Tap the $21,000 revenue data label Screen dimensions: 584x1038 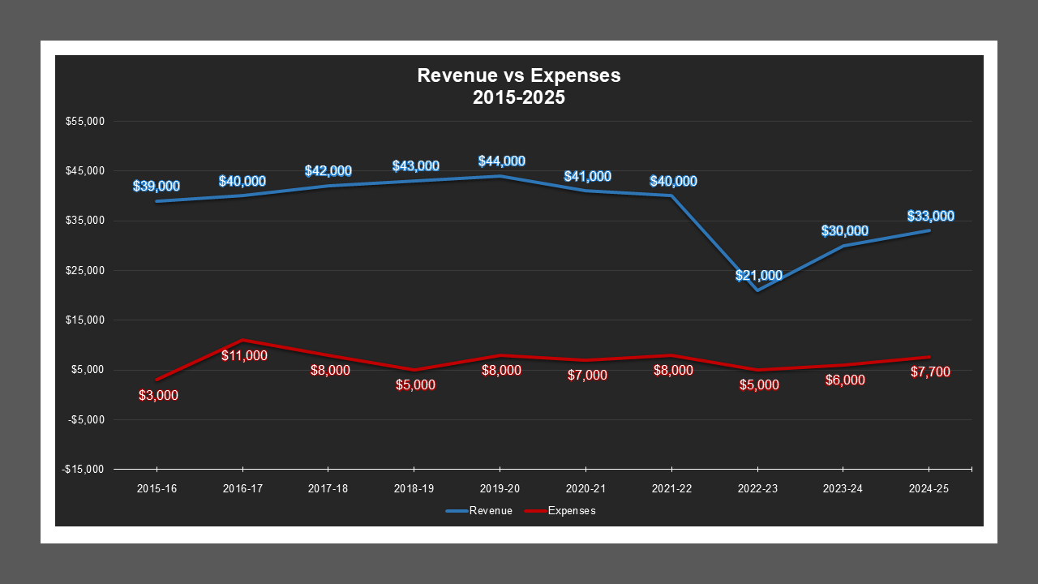pos(758,276)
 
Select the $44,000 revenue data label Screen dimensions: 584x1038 pos(501,161)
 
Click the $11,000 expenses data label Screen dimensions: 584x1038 pos(244,355)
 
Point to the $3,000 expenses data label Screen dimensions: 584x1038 pos(158,396)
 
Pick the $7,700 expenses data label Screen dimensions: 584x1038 pos(930,372)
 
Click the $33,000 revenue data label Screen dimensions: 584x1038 pos(930,217)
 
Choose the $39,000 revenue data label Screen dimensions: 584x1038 pos(157,187)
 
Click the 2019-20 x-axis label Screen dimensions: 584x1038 pos(500,489)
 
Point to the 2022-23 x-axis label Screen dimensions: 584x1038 pos(757,489)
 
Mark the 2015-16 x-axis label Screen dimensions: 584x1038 pos(157,489)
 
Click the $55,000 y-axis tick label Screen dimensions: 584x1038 pos(85,122)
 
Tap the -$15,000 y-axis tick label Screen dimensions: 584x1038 pos(84,470)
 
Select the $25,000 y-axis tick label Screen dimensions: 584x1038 pos(85,271)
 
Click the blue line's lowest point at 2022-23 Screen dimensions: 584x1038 pos(757,290)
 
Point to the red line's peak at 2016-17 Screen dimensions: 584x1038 pos(242,340)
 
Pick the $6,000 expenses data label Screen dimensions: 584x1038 pos(844,380)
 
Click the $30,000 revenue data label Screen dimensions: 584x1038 pos(844,231)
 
